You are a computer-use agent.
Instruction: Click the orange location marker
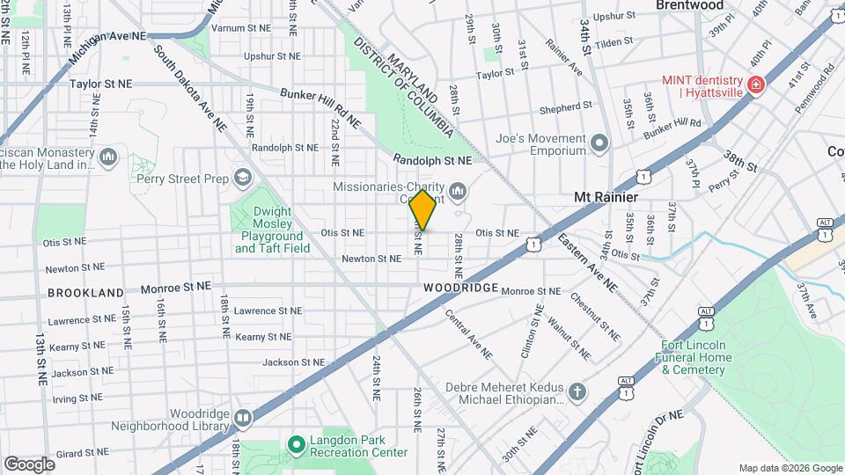click(x=423, y=209)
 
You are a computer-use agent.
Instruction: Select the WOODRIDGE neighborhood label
click(x=460, y=288)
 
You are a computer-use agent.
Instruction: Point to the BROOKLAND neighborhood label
click(x=85, y=292)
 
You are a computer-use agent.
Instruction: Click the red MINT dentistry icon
click(x=754, y=84)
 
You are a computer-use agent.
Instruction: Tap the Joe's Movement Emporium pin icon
click(x=600, y=143)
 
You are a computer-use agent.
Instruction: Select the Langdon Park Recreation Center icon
click(x=297, y=444)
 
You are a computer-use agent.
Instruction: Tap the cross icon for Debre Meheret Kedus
click(x=577, y=391)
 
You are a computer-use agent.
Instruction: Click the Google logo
click(x=29, y=464)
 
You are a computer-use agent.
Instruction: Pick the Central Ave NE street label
click(x=467, y=333)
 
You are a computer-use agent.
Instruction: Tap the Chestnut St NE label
click(x=595, y=317)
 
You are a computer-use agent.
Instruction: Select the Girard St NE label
click(x=81, y=453)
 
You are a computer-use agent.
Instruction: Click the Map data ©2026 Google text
click(x=790, y=468)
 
